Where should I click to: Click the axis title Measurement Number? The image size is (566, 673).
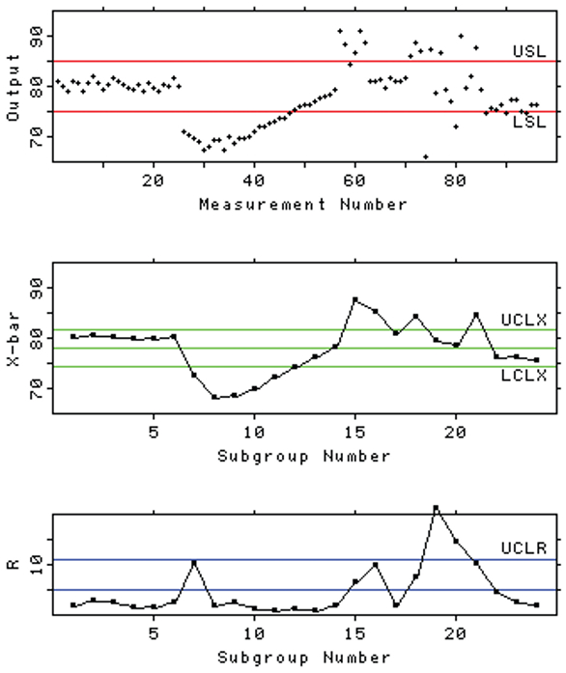(302, 205)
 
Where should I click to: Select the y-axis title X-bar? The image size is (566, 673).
(14, 350)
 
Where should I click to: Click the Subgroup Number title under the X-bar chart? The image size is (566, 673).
(302, 455)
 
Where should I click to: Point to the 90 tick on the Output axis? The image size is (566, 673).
(38, 35)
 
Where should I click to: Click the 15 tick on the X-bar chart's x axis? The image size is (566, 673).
(354, 431)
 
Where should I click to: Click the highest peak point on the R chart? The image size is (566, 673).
(436, 508)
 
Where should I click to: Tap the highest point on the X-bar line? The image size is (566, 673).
(354, 299)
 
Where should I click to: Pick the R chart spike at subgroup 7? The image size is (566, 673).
(194, 562)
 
